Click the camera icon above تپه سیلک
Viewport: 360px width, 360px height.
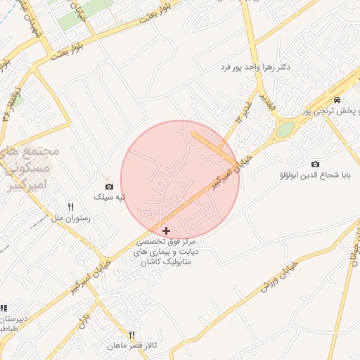tap(109, 186)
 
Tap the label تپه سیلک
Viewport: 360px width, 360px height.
tap(110, 196)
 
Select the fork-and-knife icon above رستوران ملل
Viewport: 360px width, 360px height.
tap(70, 207)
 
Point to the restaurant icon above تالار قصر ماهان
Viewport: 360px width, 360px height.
tap(131, 335)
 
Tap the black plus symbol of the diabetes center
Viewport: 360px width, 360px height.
tap(166, 231)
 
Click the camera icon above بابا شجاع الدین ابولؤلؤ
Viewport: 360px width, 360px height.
tap(314, 163)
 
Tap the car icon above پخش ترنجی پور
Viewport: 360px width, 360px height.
tap(338, 100)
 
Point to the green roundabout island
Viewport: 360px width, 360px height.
tap(285, 130)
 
